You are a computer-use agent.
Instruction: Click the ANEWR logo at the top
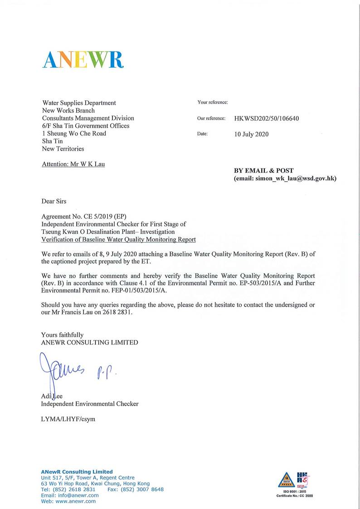tap(83, 59)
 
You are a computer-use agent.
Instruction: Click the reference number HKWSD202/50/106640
tap(267, 119)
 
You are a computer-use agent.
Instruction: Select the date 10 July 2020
tap(252, 134)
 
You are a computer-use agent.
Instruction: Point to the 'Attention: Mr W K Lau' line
tap(73, 164)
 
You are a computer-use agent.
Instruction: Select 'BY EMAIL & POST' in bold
tap(263, 171)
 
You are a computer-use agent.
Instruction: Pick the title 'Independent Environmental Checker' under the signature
tap(90, 403)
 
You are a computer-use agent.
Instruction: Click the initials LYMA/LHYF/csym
tap(68, 419)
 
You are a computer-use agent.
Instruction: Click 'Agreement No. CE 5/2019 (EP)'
tap(81, 217)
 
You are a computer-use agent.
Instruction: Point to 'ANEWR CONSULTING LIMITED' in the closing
tap(89, 343)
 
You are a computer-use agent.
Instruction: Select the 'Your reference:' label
tap(213, 102)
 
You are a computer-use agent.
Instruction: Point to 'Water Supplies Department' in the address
tap(79, 103)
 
